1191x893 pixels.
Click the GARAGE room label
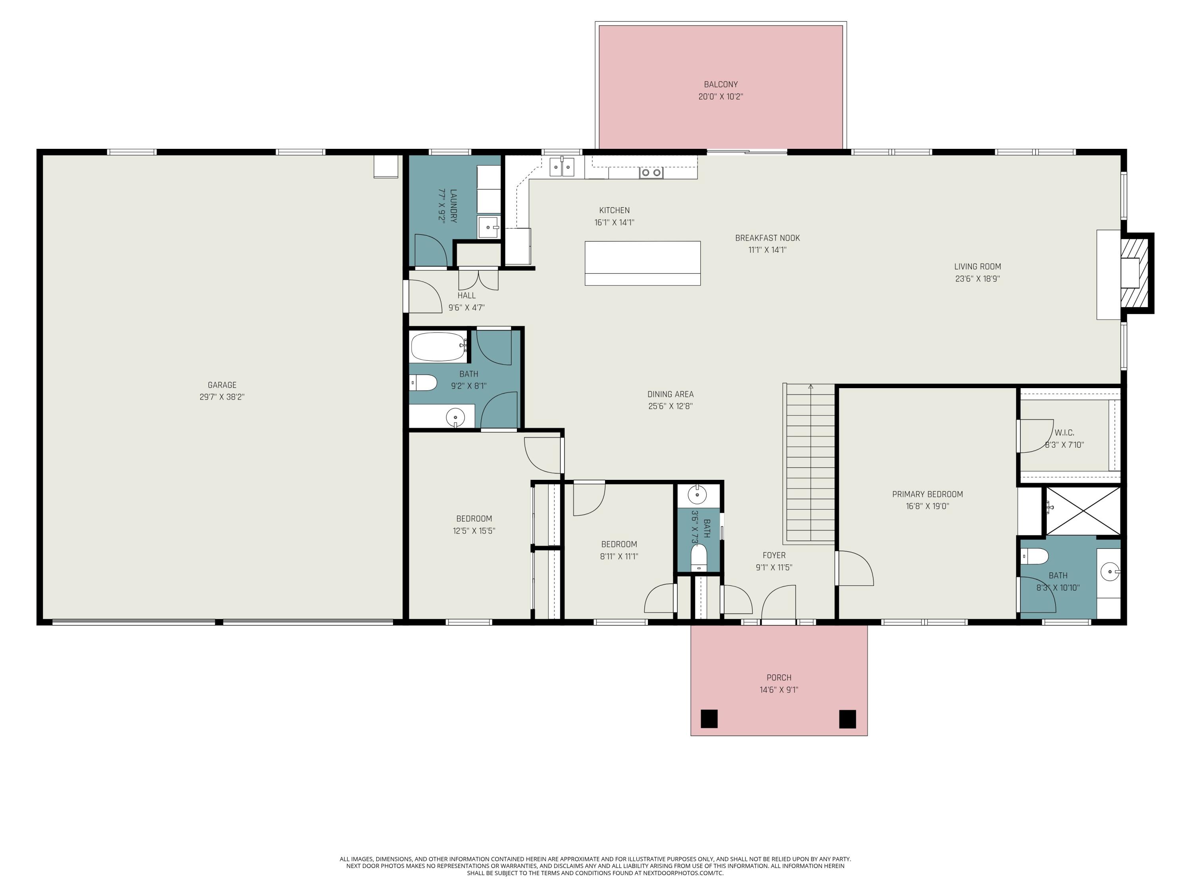(222, 385)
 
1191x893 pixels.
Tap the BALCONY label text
(721, 85)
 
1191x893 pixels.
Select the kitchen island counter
(642, 263)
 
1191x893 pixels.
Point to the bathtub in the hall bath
(438, 346)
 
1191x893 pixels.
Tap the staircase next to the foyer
(810, 464)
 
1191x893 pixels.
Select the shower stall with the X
(1083, 511)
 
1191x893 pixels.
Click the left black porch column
(709, 719)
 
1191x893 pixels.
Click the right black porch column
(848, 719)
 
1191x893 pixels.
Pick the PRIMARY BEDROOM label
(927, 494)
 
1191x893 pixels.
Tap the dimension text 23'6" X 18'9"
(977, 279)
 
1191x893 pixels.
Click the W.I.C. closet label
(1064, 433)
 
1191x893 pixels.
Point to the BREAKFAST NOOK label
(767, 238)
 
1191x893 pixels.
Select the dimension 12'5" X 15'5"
(474, 531)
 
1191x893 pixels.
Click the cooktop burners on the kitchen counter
(651, 173)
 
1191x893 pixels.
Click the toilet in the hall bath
(423, 383)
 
